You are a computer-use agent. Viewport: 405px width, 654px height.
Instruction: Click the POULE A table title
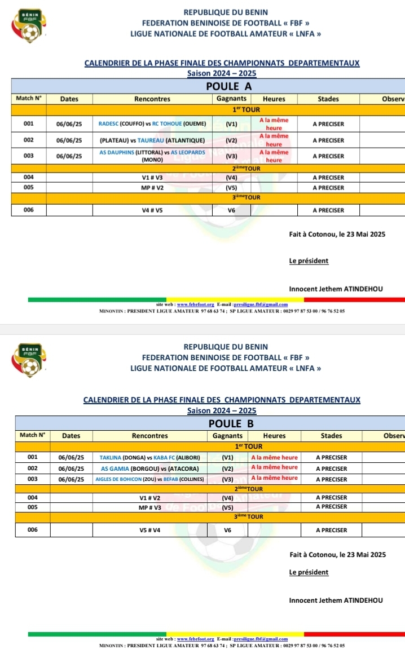click(x=228, y=87)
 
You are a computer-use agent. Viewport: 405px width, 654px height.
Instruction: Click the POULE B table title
click(x=231, y=423)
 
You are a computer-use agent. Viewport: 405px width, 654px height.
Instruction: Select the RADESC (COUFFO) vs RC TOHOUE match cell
click(x=152, y=124)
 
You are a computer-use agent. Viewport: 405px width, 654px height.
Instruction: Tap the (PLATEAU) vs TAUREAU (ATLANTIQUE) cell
click(x=152, y=140)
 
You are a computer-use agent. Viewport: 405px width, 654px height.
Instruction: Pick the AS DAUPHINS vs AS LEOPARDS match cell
click(x=152, y=156)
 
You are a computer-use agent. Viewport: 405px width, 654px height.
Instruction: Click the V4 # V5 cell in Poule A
click(x=152, y=210)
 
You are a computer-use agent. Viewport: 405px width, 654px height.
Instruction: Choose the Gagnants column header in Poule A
click(x=231, y=99)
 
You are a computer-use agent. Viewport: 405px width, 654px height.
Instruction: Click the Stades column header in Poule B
click(x=331, y=436)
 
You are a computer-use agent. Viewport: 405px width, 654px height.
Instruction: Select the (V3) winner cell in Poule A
click(x=231, y=156)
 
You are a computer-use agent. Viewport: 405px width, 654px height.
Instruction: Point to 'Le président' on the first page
click(x=309, y=260)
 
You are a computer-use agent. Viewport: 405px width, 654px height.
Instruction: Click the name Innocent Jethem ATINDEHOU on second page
click(x=336, y=600)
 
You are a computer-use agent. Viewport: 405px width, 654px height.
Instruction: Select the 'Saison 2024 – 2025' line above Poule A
click(x=221, y=74)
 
